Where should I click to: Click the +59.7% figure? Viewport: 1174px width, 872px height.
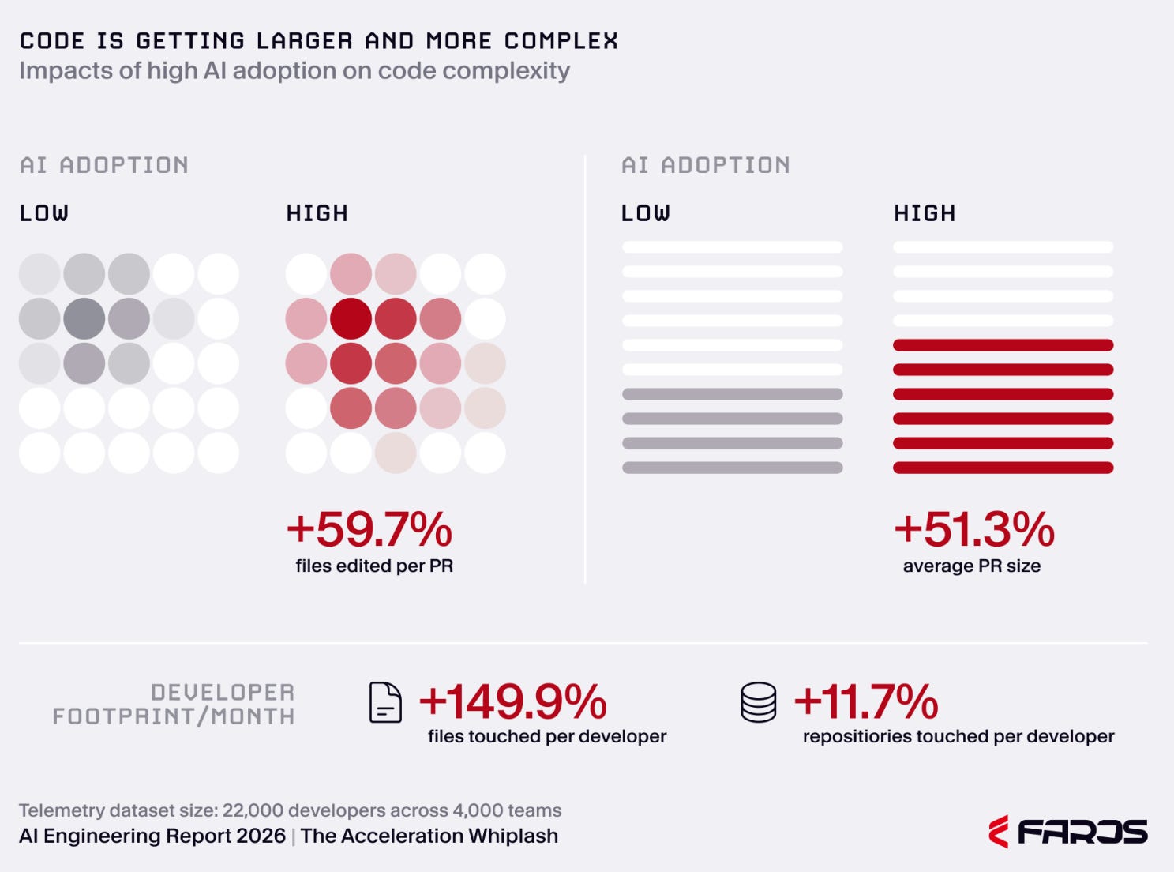click(369, 529)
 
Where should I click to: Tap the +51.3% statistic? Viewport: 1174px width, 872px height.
click(974, 529)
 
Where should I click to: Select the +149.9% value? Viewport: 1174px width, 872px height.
click(512, 701)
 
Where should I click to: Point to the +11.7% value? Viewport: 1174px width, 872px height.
click(866, 701)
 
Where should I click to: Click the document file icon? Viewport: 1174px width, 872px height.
click(385, 702)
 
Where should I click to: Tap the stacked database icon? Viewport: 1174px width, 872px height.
click(759, 702)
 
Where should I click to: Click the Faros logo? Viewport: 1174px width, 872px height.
click(1068, 831)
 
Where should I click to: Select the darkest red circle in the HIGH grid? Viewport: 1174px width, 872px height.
click(351, 318)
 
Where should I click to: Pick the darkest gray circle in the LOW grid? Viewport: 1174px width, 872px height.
click(84, 318)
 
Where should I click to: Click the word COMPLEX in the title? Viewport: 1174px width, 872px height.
click(561, 41)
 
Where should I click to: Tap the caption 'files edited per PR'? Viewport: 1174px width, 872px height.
click(374, 566)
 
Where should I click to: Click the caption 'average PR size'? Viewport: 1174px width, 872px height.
click(972, 566)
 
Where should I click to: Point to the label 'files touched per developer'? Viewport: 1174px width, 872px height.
click(547, 736)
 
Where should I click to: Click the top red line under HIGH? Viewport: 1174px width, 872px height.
click(1003, 345)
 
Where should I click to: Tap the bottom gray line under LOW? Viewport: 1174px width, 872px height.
click(733, 468)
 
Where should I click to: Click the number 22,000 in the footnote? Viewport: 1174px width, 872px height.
click(253, 810)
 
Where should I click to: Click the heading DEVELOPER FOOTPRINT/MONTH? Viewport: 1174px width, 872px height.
click(174, 704)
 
